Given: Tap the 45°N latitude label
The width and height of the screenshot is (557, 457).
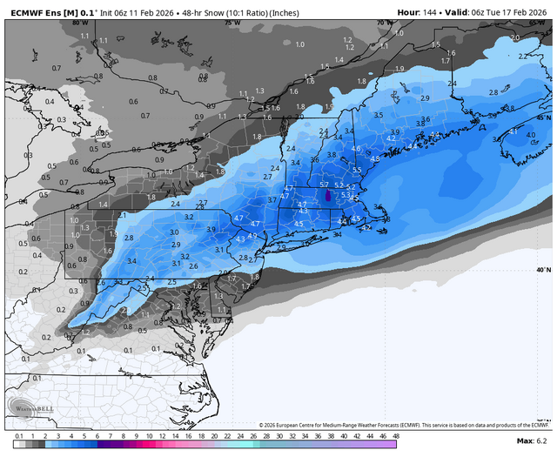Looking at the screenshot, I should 544,117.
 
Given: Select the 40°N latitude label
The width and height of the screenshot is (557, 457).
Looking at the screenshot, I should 544,270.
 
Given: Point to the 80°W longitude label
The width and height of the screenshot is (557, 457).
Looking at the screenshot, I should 79,24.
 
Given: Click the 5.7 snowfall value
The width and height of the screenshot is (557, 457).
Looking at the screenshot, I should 324,185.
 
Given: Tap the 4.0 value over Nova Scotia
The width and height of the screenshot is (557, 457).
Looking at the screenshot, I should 531,135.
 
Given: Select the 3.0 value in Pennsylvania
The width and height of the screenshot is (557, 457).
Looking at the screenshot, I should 174,232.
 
